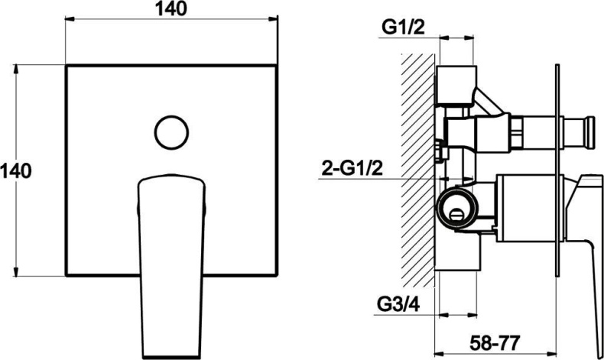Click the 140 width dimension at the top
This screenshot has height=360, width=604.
(171, 9)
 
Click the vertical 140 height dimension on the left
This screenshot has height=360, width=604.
(15, 170)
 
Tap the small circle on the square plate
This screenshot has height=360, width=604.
(171, 132)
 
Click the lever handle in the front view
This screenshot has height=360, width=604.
(171, 266)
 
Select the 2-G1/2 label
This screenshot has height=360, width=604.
(352, 168)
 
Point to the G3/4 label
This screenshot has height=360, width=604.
(398, 304)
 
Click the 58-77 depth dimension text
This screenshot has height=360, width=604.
(495, 342)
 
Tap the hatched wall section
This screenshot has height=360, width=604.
(418, 170)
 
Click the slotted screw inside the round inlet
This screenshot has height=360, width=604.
(457, 214)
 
